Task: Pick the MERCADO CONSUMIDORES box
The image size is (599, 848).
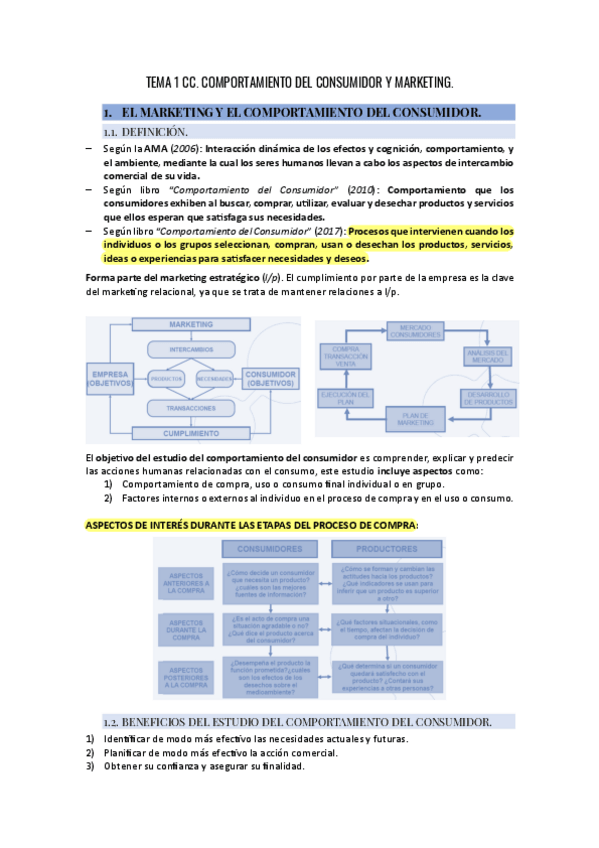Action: (x=415, y=332)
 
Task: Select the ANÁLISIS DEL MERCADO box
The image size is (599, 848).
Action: (x=488, y=356)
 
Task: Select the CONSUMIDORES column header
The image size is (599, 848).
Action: (x=269, y=549)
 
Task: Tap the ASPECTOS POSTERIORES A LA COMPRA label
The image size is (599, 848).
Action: (x=187, y=677)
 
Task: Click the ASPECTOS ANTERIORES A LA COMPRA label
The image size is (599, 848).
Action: (x=187, y=582)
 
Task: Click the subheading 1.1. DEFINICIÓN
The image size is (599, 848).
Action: (x=146, y=131)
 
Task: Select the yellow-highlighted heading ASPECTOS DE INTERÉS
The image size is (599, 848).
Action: (x=252, y=525)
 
